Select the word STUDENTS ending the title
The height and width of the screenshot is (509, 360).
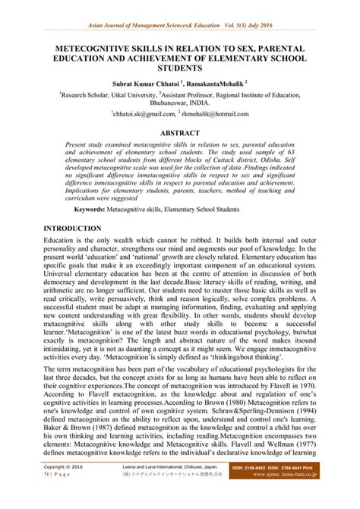179,69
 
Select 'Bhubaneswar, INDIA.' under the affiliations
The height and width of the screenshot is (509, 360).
180,109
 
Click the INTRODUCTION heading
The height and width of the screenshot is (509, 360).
73,229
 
